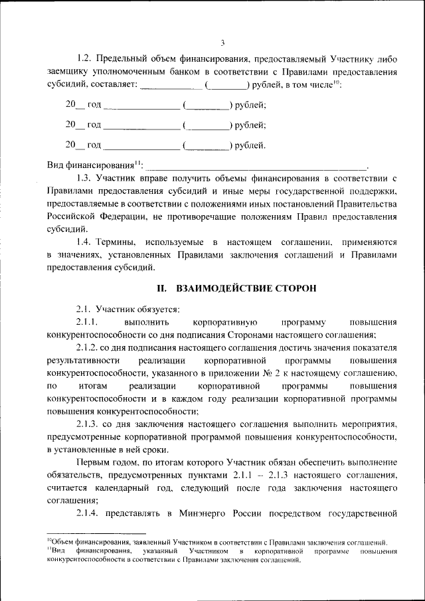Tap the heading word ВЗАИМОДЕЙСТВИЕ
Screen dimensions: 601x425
[224, 288]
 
